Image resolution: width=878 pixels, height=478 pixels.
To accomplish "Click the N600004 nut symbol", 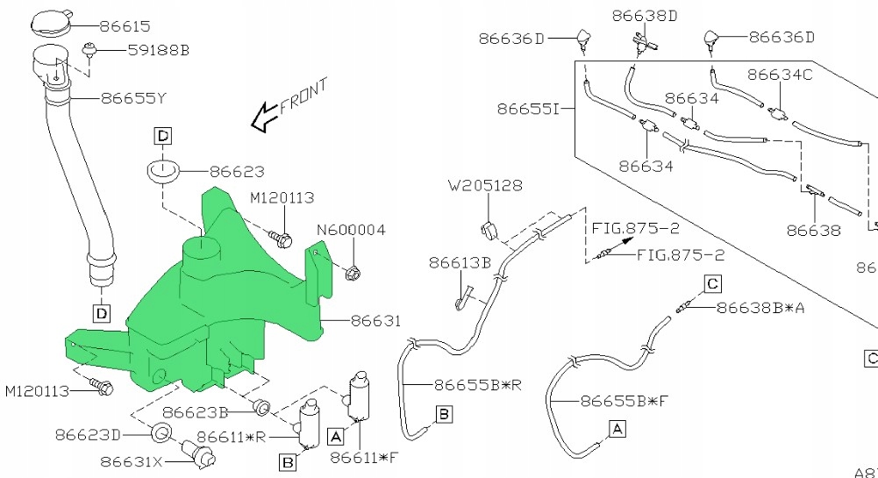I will pyautogui.click(x=353, y=273).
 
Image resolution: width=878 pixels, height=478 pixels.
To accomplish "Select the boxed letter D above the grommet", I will pyautogui.click(x=163, y=135).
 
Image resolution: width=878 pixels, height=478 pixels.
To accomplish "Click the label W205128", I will pyautogui.click(x=485, y=186).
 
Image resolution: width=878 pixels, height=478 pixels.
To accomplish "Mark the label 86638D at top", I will pyautogui.click(x=646, y=15).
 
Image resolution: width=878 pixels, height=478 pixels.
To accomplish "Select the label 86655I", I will pyautogui.click(x=528, y=110).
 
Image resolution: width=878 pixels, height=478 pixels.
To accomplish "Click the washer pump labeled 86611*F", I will pyautogui.click(x=361, y=396).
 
